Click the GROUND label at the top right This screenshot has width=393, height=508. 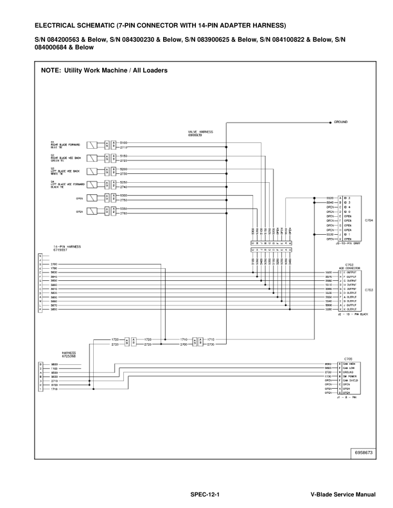(x=342, y=121)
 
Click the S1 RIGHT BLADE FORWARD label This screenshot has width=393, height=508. (x=60, y=144)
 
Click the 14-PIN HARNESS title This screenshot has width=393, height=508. (x=54, y=246)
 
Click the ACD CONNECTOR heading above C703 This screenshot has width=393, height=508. (x=351, y=269)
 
